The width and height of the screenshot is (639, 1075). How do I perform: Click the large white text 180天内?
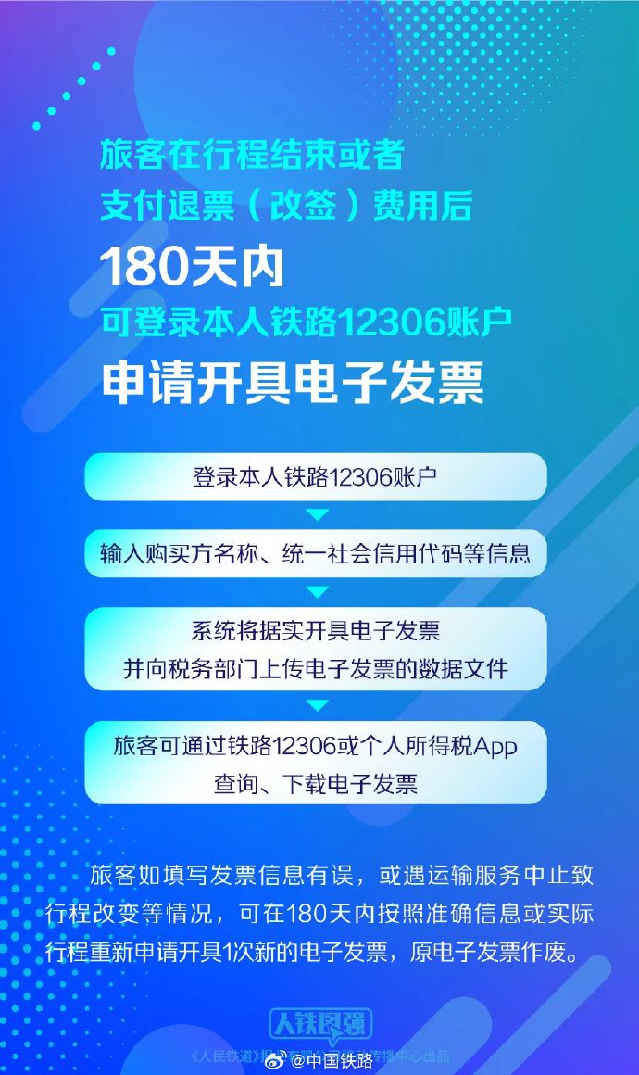pyautogui.click(x=191, y=268)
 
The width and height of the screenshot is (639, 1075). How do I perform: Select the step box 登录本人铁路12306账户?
pyautogui.click(x=315, y=477)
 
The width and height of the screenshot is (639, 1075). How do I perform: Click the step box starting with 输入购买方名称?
pyautogui.click(x=315, y=554)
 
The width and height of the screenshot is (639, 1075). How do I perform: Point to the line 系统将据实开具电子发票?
pyautogui.click(x=315, y=632)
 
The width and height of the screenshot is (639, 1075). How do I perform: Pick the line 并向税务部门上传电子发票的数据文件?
pyautogui.click(x=315, y=669)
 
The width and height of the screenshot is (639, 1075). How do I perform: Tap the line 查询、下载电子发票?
pyautogui.click(x=315, y=784)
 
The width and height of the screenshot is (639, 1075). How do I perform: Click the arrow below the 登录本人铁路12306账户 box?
pyautogui.click(x=317, y=514)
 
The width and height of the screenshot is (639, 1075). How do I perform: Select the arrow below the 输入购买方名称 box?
pyautogui.click(x=317, y=591)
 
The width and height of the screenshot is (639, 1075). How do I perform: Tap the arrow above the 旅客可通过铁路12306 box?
pyautogui.click(x=317, y=706)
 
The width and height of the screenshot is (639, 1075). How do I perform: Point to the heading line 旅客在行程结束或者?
pyautogui.click(x=252, y=155)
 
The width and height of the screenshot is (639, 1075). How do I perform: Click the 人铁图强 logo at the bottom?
pyautogui.click(x=320, y=1024)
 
